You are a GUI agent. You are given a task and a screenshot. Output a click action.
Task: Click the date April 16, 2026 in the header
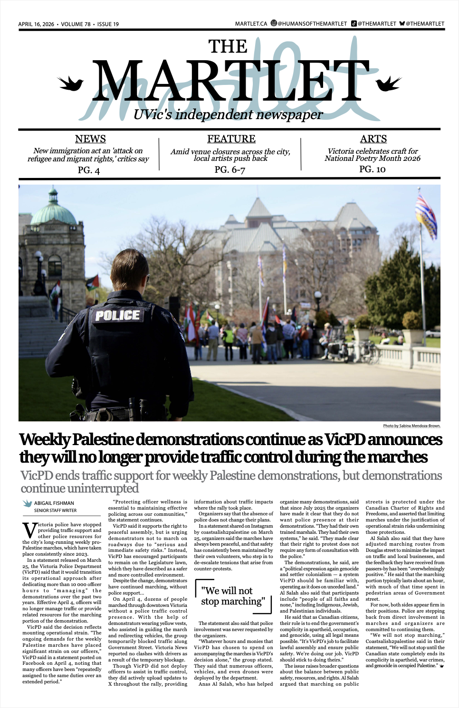(36, 24)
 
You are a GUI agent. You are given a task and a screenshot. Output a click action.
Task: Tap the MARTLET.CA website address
(251, 24)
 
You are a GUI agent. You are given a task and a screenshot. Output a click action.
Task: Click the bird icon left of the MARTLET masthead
(71, 84)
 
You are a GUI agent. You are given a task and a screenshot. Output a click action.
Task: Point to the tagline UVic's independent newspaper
(228, 114)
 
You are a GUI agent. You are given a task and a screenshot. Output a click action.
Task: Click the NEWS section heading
(90, 139)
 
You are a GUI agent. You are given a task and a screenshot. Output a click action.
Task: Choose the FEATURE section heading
(231, 139)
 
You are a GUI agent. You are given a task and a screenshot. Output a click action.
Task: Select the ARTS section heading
(373, 139)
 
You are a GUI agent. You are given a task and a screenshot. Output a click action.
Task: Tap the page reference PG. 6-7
(230, 170)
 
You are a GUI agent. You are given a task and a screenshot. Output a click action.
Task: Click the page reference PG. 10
(373, 169)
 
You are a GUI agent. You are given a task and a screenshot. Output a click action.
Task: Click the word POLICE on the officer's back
(117, 316)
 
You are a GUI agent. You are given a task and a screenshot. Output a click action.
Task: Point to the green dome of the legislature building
(53, 214)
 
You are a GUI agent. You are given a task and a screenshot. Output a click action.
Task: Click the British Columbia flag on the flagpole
(426, 216)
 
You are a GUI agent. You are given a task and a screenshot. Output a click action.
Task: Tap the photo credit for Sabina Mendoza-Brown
(411, 426)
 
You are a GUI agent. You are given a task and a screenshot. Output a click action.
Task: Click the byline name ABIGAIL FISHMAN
(54, 503)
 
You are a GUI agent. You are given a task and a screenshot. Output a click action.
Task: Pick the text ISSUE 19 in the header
(108, 24)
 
